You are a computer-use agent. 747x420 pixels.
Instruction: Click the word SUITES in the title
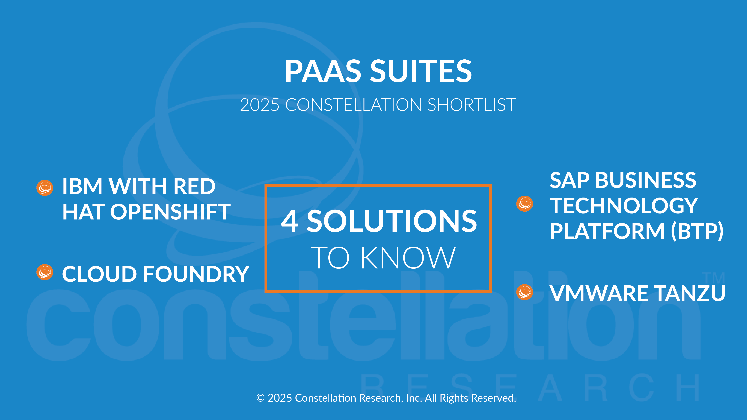421,71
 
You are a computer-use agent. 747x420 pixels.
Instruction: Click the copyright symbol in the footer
260,398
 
